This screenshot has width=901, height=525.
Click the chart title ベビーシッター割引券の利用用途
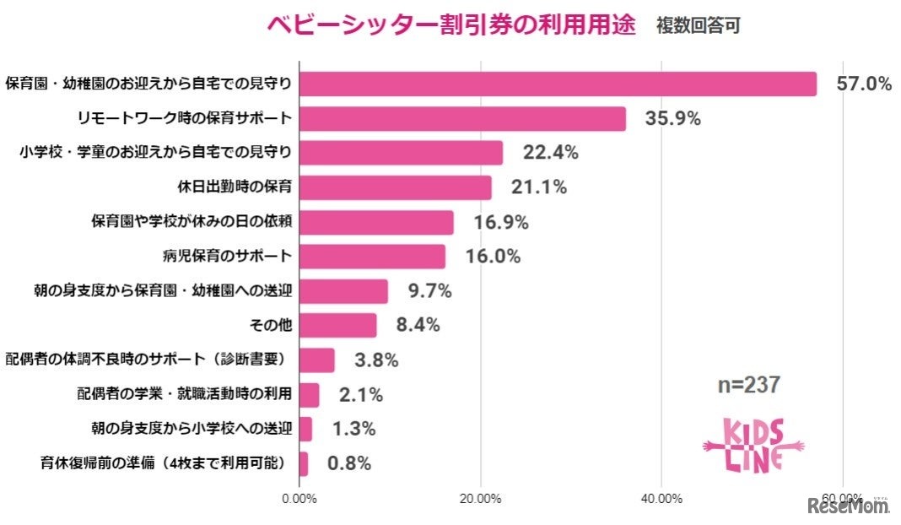click(x=450, y=25)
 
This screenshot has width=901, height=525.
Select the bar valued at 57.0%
click(x=558, y=84)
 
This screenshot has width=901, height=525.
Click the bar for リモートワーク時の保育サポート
click(x=462, y=119)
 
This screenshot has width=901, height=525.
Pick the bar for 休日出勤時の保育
click(x=396, y=187)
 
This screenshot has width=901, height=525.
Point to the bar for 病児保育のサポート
click(x=372, y=257)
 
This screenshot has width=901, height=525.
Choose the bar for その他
click(x=338, y=325)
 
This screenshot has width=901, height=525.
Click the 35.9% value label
click(x=672, y=119)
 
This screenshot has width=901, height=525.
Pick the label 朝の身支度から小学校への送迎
click(x=191, y=428)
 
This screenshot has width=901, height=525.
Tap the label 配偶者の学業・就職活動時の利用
click(x=184, y=393)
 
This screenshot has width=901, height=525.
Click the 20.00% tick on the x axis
click(x=481, y=498)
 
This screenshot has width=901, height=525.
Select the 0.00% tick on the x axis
click(x=299, y=498)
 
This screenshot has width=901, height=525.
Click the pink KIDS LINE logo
click(x=753, y=445)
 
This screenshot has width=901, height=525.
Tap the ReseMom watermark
click(x=848, y=506)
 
